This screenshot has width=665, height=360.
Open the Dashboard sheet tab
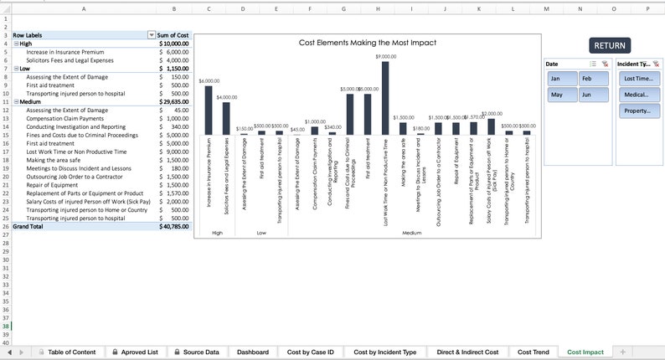252,352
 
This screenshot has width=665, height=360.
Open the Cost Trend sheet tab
533,352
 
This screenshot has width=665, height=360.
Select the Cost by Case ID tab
311,352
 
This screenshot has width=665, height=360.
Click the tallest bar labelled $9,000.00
385,98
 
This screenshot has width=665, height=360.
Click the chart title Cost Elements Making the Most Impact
367,43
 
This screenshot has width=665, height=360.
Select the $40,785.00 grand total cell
174,227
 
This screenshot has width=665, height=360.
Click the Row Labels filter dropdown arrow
152,35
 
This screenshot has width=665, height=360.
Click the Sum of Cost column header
173,35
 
